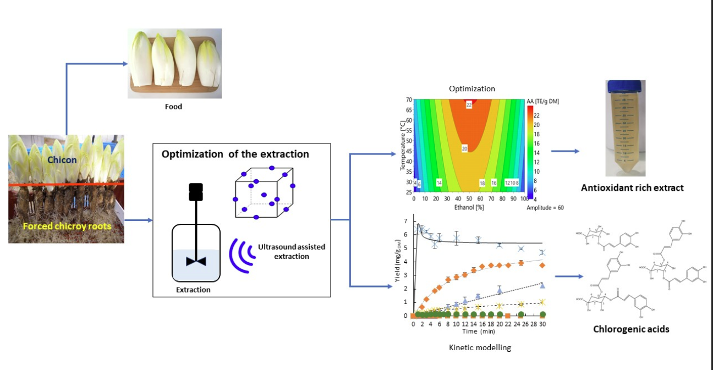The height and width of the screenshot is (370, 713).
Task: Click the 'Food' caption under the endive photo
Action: coord(173,107)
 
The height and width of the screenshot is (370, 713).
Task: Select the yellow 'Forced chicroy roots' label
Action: coord(67,226)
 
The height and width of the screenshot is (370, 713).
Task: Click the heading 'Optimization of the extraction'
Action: coord(235,154)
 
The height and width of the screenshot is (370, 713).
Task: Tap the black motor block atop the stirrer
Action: coord(196,191)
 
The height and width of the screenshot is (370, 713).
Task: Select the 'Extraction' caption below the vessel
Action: coord(193,290)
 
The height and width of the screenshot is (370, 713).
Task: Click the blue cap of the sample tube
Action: coord(625,86)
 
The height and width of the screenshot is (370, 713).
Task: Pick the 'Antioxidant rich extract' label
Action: coord(632,188)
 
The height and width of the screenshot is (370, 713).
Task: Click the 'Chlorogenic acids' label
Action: coord(631,329)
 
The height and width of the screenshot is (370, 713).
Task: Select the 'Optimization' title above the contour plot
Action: coord(471,89)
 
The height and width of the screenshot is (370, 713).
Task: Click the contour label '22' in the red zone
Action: coord(469,104)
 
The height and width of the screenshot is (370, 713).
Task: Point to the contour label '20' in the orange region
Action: coord(464,149)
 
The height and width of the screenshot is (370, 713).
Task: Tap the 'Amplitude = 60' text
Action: coord(545,207)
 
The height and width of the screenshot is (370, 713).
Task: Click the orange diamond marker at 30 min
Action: coord(542,265)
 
